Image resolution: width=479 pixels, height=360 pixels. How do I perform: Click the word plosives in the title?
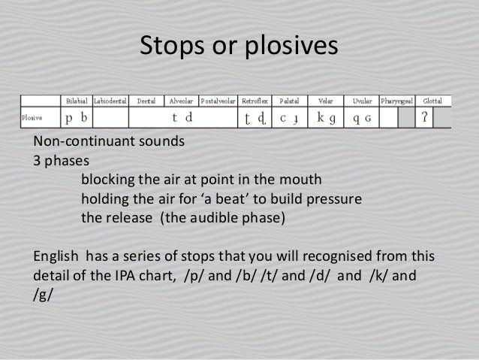[291, 47]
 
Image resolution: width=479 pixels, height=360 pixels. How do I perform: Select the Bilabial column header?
[75, 101]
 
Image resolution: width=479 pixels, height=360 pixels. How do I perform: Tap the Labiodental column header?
[110, 101]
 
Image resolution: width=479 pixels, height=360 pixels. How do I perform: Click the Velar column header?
[325, 101]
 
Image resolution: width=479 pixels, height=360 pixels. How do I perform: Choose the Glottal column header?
[432, 101]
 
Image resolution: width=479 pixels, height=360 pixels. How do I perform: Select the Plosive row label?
[32, 118]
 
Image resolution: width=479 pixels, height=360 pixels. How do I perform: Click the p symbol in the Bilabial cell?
[69, 118]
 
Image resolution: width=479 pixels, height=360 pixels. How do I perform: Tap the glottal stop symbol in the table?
[425, 117]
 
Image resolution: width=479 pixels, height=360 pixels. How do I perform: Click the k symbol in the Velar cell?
[321, 118]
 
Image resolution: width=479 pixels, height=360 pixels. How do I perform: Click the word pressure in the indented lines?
[337, 200]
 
